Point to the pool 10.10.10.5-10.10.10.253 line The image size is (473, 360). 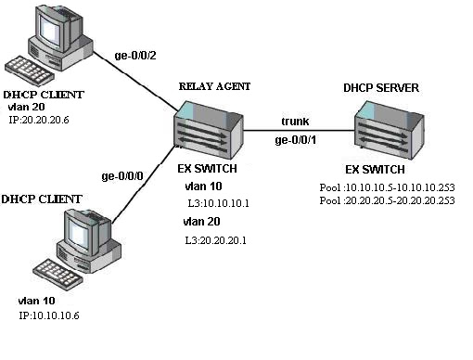tap(390, 186)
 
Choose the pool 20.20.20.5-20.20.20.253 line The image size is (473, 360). tap(390, 199)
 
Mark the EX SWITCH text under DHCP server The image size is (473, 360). tap(376, 171)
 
